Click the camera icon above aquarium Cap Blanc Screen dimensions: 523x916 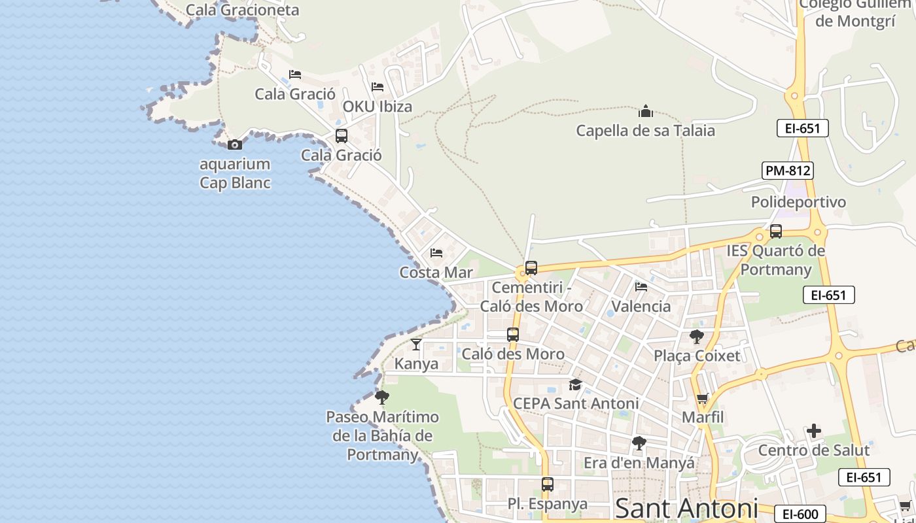coord(234,144)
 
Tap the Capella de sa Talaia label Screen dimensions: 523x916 coord(645,131)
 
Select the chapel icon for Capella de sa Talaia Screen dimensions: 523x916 coord(646,111)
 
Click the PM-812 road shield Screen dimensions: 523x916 coord(788,171)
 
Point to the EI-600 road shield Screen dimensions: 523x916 coord(799,514)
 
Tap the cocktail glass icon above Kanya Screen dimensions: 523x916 coord(416,344)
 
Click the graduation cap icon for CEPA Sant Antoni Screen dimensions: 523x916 coord(575,384)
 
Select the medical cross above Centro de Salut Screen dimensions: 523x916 coord(814,431)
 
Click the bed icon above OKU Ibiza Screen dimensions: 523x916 coord(378,86)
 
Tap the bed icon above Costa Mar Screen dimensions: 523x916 coord(436,253)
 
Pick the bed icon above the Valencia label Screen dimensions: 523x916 coord(641,286)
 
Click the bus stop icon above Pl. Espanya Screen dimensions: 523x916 coord(548,484)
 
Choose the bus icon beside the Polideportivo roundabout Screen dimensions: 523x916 coord(776,231)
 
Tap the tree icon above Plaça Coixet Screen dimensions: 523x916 coord(697,337)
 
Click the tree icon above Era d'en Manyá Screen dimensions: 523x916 coord(639,443)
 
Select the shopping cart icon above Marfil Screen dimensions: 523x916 coord(703,398)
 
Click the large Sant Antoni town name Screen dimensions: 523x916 coord(686,509)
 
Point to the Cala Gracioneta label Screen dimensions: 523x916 coord(242,10)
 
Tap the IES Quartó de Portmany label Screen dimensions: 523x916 coord(776,260)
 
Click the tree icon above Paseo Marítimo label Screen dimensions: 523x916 coord(382,397)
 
